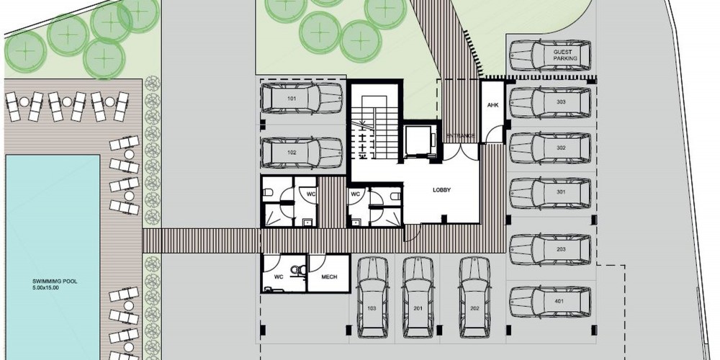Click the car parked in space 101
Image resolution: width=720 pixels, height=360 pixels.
coord(301,98)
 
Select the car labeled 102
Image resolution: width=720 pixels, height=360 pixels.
coord(301,153)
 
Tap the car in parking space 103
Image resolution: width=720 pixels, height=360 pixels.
coord(372,297)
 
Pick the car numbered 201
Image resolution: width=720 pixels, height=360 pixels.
coord(418,297)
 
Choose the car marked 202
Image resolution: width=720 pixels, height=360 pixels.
coord(474,297)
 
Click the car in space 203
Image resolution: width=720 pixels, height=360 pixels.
coord(550,250)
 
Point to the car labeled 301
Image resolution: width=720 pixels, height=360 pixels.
coord(550,193)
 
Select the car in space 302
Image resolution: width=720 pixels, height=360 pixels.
coord(550,148)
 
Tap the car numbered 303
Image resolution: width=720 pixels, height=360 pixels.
coord(550,102)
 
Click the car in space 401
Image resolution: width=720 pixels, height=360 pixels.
coord(550,302)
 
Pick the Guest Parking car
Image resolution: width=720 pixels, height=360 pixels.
coord(550,55)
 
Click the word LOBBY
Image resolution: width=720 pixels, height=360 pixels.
coord(442,189)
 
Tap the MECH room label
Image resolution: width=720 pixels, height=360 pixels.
coord(329,277)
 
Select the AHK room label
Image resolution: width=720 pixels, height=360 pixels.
coord(492,105)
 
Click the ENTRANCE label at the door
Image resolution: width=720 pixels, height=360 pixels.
coord(461,136)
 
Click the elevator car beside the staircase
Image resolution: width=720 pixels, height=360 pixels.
coord(418,141)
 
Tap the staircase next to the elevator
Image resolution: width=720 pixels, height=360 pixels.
coord(374,127)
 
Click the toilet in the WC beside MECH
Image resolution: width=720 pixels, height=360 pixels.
coord(300,271)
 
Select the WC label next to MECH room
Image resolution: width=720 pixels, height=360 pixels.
coord(279,277)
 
